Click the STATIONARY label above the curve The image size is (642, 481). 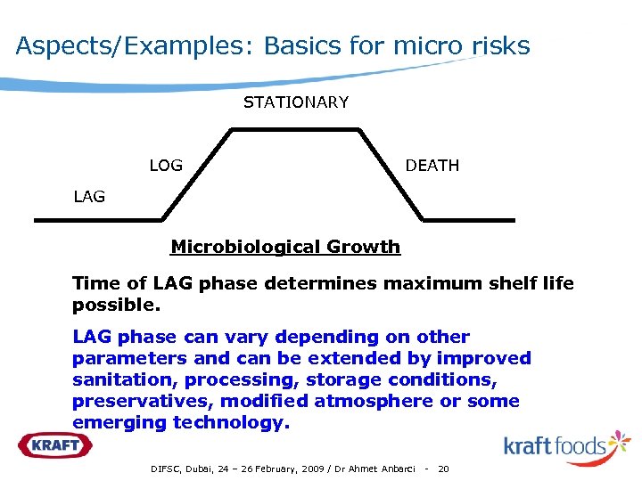point(296,102)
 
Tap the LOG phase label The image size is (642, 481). point(166,166)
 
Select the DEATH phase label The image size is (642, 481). point(432,166)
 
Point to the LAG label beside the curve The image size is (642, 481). point(89,197)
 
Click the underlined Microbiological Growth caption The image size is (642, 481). point(285,247)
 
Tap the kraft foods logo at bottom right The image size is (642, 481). point(566,444)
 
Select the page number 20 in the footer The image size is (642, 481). point(443,469)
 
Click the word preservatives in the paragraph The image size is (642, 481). point(142,401)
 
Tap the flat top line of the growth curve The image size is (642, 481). point(295,129)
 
